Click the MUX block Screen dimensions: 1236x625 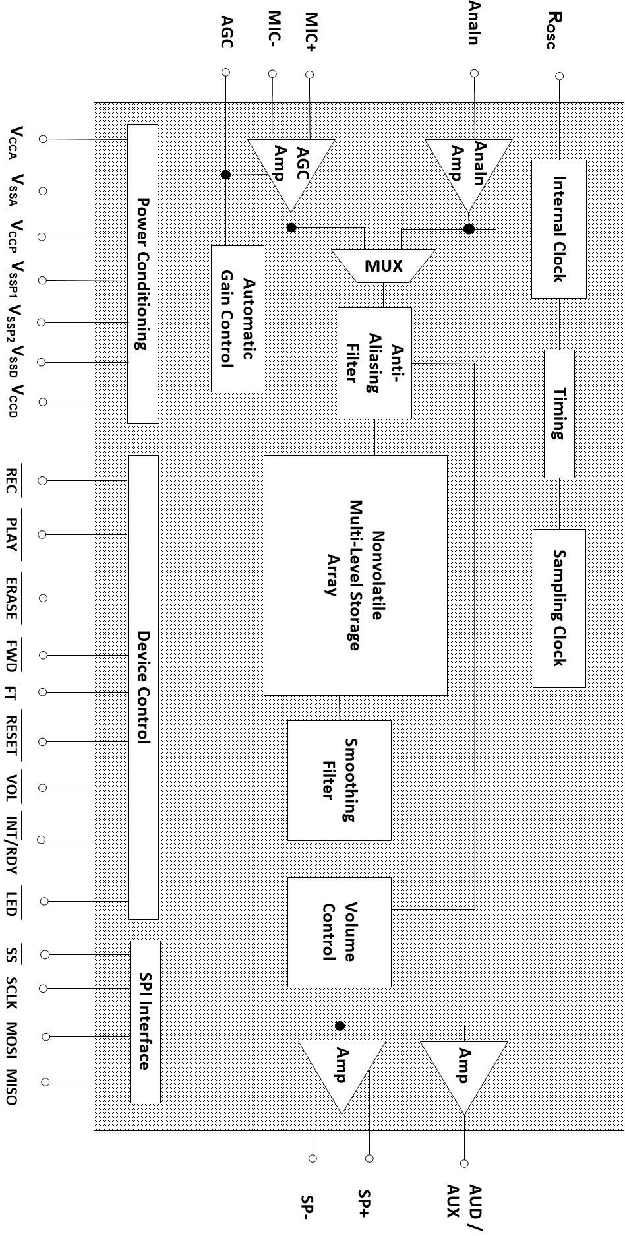pyautogui.click(x=383, y=266)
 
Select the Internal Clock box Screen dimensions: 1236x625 pyautogui.click(x=558, y=229)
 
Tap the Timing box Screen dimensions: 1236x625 pyautogui.click(x=559, y=414)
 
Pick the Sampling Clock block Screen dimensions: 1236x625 pyautogui.click(x=559, y=607)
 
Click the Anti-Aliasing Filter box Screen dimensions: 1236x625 pyautogui.click(x=374, y=363)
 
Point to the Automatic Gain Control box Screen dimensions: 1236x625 pyautogui.click(x=237, y=319)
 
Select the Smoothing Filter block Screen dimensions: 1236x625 pyautogui.click(x=340, y=780)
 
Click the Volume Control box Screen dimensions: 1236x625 pyautogui.click(x=340, y=931)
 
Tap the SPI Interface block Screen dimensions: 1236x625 pyautogui.click(x=145, y=1022)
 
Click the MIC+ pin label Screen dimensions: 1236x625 pyautogui.click(x=311, y=32)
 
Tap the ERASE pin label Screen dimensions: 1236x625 pyautogui.click(x=11, y=598)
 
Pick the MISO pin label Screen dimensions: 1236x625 pyautogui.click(x=11, y=1082)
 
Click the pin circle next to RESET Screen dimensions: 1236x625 pyautogui.click(x=43, y=742)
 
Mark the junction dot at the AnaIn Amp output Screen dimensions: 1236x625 pyautogui.click(x=469, y=229)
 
